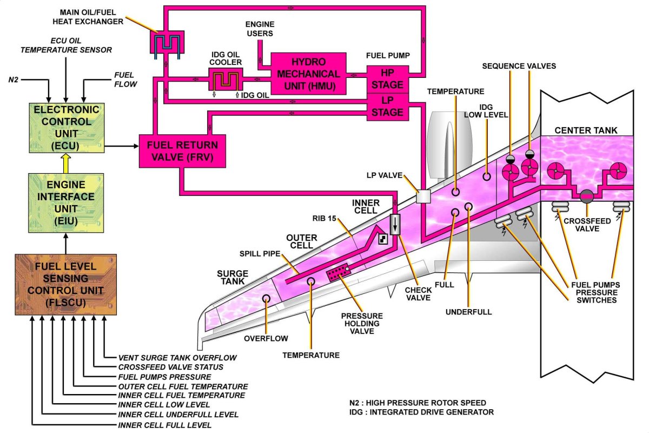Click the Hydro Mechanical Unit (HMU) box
coord(308,74)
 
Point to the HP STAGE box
coord(387,79)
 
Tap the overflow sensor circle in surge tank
coord(266,299)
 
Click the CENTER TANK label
coord(586,130)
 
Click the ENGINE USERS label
coord(260,29)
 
